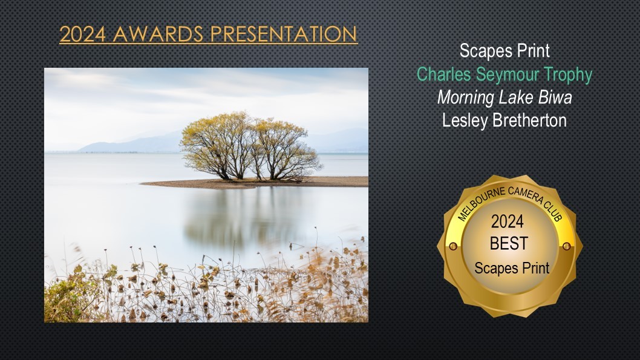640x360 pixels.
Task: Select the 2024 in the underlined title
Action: tap(83, 34)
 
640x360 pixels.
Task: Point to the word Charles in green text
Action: tap(444, 74)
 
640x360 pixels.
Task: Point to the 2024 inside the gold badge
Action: tap(508, 221)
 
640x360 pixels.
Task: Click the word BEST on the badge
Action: tap(509, 244)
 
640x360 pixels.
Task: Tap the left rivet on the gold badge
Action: tap(452, 246)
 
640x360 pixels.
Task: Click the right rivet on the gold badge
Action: tap(567, 246)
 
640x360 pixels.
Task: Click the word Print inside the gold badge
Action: tap(535, 269)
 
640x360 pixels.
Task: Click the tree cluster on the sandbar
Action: tap(250, 146)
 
